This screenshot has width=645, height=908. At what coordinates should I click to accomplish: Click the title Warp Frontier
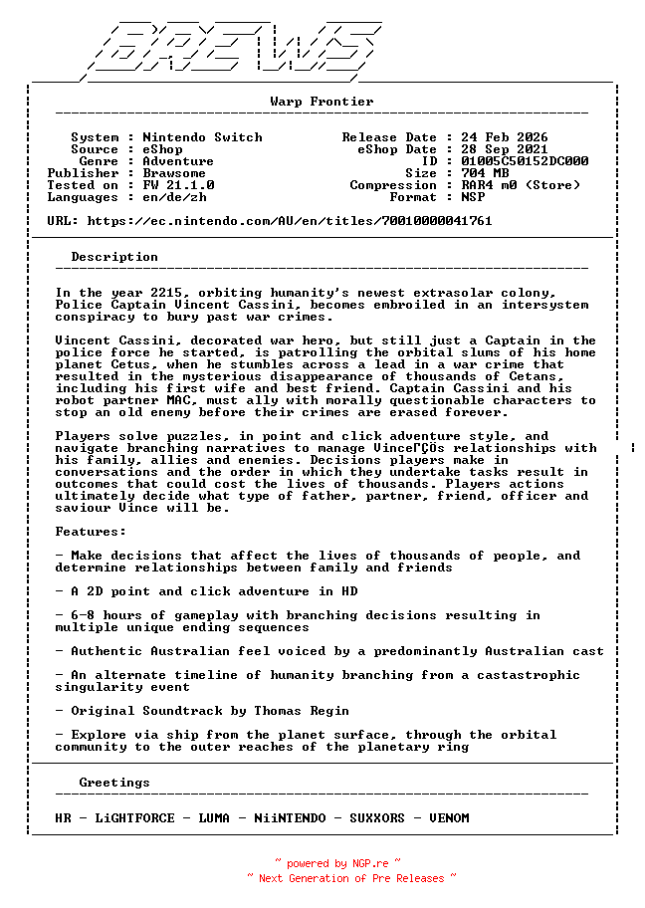click(x=322, y=102)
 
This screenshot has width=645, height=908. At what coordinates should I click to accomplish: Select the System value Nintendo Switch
click(x=202, y=137)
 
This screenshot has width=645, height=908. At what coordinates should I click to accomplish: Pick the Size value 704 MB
click(x=485, y=173)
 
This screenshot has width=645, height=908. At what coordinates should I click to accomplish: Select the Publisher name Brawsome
click(x=174, y=173)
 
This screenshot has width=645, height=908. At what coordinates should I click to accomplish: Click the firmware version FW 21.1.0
click(x=178, y=185)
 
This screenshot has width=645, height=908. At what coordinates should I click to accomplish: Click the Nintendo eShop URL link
click(x=290, y=221)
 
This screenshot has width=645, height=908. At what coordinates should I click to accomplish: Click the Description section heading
click(x=114, y=257)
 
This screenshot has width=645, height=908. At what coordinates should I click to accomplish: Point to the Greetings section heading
click(x=114, y=783)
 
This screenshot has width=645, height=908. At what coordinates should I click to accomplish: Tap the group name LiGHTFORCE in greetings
click(x=134, y=818)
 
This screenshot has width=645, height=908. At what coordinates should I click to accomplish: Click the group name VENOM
click(x=449, y=818)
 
